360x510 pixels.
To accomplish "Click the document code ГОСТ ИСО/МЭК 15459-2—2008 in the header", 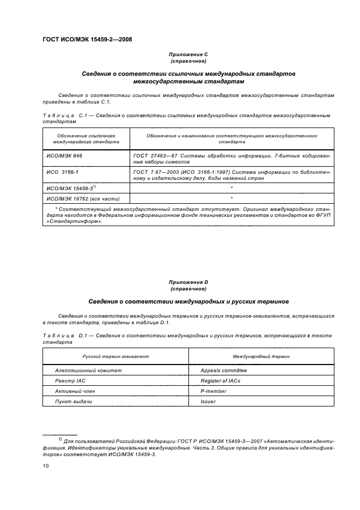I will tap(87, 39).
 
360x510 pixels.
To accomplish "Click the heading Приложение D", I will tap(188, 282).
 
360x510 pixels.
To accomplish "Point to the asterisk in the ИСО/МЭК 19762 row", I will tap(231, 198).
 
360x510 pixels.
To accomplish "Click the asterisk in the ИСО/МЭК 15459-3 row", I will tap(231, 187).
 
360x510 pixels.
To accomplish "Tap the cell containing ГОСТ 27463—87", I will tap(231, 159).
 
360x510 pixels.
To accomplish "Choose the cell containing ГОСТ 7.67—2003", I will tap(231, 174).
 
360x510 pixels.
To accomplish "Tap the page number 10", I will tap(46, 466).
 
